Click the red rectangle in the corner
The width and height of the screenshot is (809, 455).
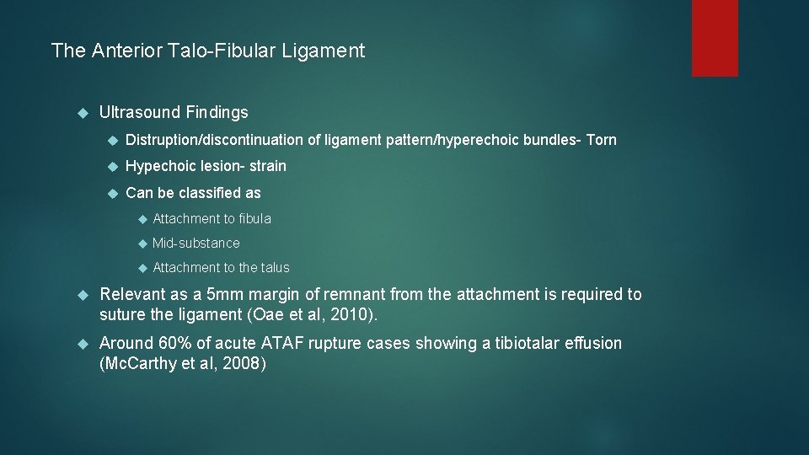pos(715,38)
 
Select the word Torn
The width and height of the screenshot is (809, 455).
pos(602,140)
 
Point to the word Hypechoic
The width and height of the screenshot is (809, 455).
pos(160,166)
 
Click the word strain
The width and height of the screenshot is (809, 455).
pos(267,166)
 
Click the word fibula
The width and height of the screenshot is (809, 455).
pos(255,219)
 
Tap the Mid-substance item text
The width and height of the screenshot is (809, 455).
pos(196,244)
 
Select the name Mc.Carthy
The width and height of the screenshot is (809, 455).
pos(135,365)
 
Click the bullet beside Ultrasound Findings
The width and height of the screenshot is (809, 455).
pos(83,113)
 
